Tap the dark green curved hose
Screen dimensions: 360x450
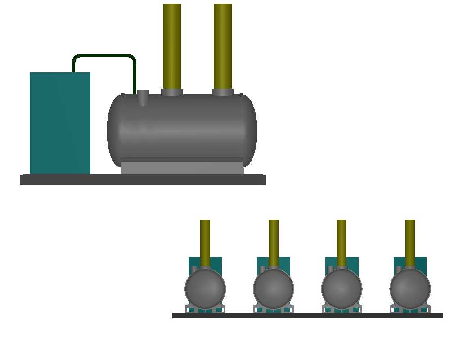[104, 56]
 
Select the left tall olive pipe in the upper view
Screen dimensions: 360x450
[172, 45]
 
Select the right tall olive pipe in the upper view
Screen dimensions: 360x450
[223, 45]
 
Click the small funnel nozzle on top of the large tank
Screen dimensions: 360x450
[143, 97]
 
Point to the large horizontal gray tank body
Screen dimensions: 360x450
[182, 128]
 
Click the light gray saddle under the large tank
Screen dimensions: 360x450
[182, 167]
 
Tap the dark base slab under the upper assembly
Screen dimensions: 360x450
[143, 180]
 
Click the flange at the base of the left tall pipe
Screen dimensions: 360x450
[172, 92]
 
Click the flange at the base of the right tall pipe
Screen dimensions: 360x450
[223, 92]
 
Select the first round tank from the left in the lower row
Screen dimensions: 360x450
[205, 288]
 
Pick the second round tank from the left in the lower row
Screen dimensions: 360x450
[274, 288]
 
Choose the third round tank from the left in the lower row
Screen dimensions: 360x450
[342, 288]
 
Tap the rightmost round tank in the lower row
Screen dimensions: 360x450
[410, 288]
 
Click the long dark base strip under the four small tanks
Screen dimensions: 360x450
[307, 315]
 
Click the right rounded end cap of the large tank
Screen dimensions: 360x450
[251, 130]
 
